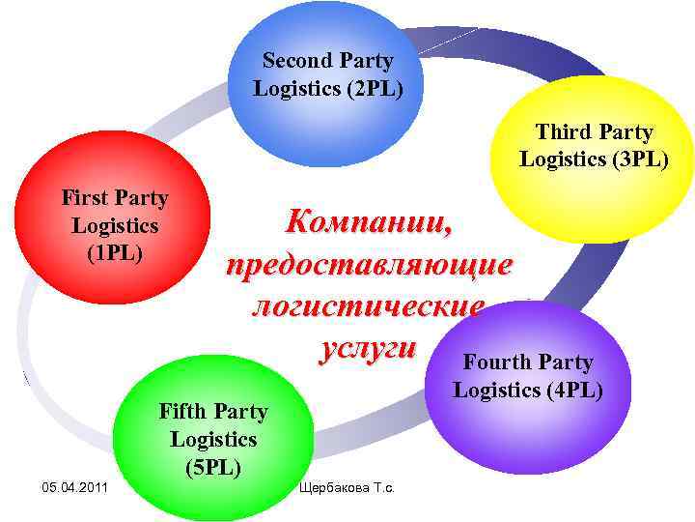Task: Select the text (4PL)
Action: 568,391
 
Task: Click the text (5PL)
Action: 212,468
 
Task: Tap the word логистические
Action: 367,306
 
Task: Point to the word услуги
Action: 367,347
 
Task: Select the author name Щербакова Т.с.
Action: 355,485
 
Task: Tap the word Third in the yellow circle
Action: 564,132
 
